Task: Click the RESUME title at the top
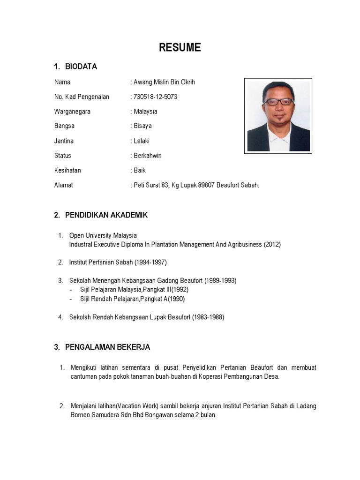180,47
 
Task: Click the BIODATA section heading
81,67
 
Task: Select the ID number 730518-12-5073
156,97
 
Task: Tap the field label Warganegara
72,112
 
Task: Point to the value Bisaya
142,126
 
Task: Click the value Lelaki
142,141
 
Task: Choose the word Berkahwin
148,156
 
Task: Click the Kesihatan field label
67,170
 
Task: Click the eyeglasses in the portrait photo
278,101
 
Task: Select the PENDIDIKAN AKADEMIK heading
106,215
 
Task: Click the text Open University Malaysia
103,235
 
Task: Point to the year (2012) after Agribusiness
272,245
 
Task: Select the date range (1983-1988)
208,317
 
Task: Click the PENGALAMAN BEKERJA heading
107,347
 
